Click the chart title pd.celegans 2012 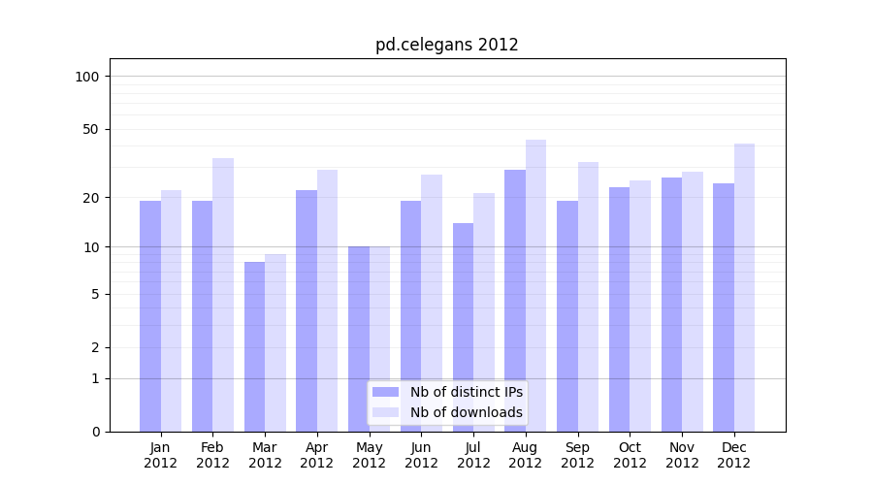tap(446, 45)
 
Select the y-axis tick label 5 tap(95, 294)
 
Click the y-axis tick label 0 tap(95, 432)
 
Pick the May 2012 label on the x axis tap(369, 455)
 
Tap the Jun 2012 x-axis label tap(421, 455)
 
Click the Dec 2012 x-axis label tap(734, 455)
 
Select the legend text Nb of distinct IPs tap(466, 392)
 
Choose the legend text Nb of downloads tap(466, 412)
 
